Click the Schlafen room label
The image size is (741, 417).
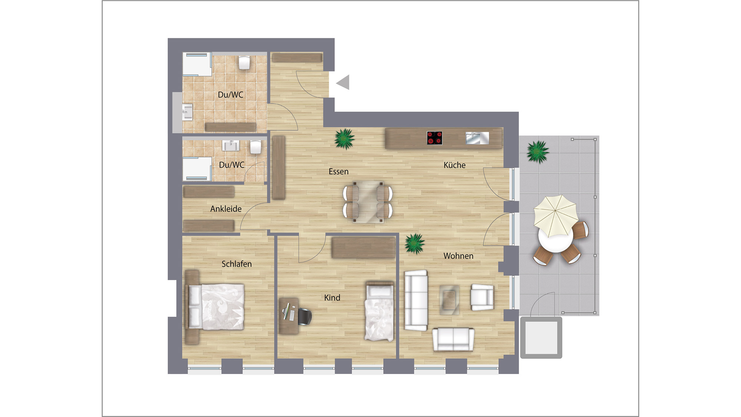236,264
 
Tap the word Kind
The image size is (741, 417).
332,298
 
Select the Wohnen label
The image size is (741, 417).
458,256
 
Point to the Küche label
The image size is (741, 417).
455,165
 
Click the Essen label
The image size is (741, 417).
339,171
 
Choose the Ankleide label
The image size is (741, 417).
226,209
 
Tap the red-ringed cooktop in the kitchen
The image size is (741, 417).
435,138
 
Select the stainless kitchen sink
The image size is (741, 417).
477,138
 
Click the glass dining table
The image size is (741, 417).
368,202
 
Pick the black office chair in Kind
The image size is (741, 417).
305,317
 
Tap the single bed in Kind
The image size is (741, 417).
379,311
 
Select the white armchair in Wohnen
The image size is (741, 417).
482,297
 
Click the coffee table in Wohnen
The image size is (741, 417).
449,300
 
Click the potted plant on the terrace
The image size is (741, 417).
538,152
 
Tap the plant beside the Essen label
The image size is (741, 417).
345,139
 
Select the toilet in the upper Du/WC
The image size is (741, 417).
244,62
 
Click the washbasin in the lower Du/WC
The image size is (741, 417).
230,146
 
